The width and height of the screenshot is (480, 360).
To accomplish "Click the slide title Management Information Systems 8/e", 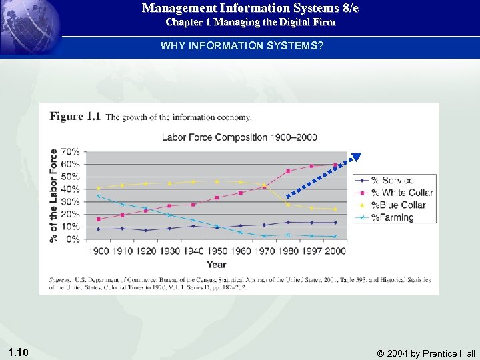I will point(250,9).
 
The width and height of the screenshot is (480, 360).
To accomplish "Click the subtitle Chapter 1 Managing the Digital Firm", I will point(250,22).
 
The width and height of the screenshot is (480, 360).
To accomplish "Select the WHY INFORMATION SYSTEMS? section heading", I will point(242,47).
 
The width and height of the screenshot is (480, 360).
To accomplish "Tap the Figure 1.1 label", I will point(75,117).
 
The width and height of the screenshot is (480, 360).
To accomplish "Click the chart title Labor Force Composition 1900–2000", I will point(239,137).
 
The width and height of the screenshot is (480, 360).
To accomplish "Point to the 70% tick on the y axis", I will point(71,152).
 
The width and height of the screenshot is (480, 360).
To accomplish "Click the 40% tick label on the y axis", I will point(71,189).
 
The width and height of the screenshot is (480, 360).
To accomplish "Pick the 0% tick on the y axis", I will point(73,239).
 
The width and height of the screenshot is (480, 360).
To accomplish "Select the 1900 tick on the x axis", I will point(99,250).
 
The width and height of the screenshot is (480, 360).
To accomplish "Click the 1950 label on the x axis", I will point(217,250).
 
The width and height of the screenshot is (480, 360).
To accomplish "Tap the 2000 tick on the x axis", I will point(335,250).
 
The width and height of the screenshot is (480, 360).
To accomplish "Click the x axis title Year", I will point(216,265).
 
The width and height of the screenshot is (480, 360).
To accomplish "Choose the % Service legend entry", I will point(393,181).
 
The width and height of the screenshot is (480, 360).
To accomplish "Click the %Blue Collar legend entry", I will point(398,205).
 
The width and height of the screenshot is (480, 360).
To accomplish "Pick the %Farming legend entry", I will point(393,217).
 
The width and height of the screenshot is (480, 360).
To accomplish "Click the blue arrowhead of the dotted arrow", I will point(356,158).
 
